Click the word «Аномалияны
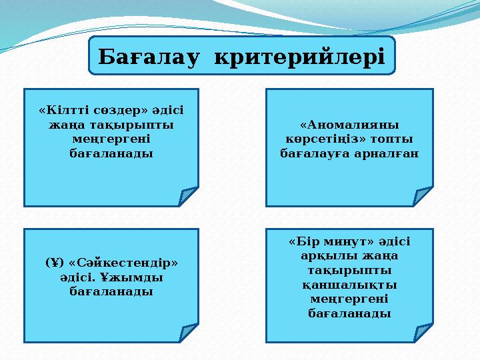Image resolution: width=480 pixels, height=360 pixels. pos(349,125)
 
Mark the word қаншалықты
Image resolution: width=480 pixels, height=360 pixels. pos(349,285)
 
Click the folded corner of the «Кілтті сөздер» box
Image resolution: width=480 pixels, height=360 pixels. pos(189,197)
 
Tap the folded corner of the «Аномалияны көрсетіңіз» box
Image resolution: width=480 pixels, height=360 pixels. pos(423,197)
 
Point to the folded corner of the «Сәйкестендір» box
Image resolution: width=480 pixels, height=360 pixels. pos(189,333)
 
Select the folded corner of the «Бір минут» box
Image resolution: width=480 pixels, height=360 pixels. pos(423,333)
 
